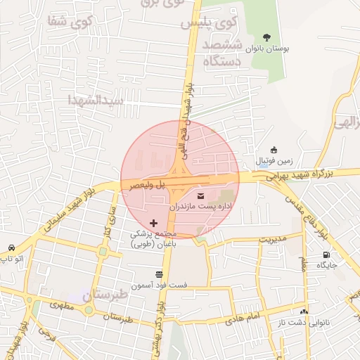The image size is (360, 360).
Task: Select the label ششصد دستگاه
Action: click(x=222, y=53)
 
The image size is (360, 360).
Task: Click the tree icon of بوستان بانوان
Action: click(x=266, y=36)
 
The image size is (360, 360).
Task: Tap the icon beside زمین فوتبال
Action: click(x=274, y=150)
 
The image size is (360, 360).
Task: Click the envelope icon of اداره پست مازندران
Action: click(x=202, y=195)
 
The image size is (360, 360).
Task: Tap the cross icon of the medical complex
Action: click(x=154, y=223)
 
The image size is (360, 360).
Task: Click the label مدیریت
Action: click(x=274, y=239)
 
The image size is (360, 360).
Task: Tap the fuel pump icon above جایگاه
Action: click(x=326, y=254)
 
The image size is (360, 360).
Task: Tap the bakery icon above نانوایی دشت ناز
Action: click(x=304, y=311)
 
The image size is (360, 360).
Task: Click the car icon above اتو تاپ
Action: click(x=13, y=248)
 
